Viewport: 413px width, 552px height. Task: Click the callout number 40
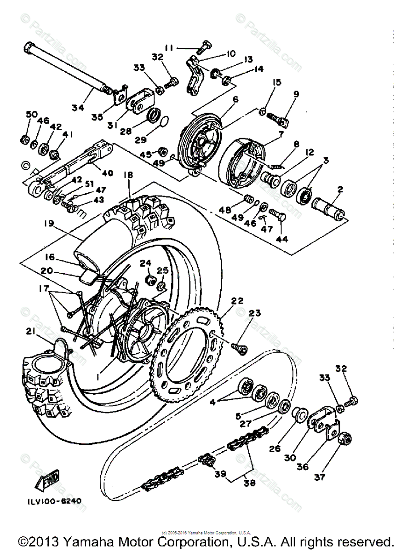tap(107, 173)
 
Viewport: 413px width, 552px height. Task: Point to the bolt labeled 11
tap(204, 46)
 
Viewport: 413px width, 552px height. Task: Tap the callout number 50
tap(30, 114)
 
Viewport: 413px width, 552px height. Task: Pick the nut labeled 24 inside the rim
tap(150, 280)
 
